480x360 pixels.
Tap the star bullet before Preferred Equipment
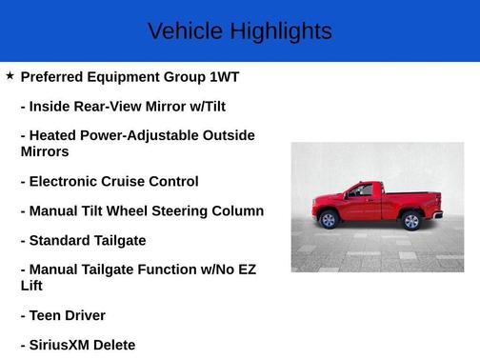tap(10, 75)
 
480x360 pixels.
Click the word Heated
tap(56, 136)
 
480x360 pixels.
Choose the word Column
tap(237, 210)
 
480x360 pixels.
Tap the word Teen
tap(48, 315)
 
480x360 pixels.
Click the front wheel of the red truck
tap(329, 220)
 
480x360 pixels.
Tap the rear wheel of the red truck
tap(411, 221)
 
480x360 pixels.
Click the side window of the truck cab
tap(360, 191)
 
